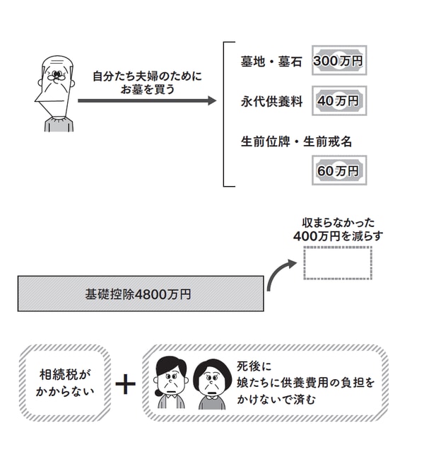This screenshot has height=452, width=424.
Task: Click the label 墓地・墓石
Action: point(271,62)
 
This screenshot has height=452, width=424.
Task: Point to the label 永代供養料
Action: point(271,102)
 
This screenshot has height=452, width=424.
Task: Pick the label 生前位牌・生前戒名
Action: point(296,141)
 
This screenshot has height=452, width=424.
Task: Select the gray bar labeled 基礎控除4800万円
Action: point(139,294)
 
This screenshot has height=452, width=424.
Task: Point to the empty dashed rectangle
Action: point(337,262)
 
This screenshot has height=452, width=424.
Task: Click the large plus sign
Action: point(126,384)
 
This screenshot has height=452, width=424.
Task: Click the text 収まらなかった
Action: point(337,222)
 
